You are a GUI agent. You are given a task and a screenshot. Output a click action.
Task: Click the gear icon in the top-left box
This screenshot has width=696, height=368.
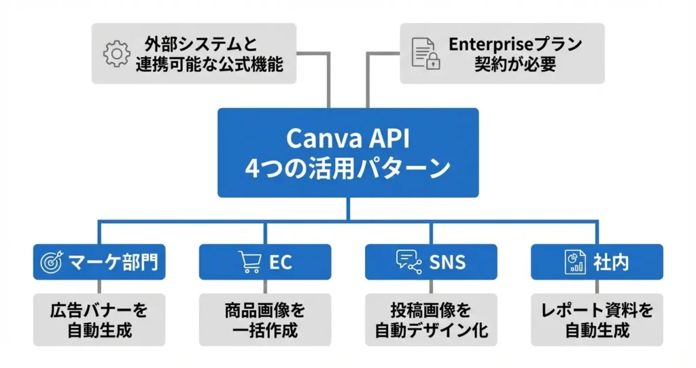click(116, 54)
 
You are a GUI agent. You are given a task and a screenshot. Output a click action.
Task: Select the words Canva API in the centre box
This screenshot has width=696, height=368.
click(347, 138)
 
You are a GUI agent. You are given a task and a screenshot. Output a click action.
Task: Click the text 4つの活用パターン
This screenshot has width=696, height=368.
click(347, 167)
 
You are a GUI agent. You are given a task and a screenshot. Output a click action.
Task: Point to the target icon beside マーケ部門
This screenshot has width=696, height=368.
click(52, 262)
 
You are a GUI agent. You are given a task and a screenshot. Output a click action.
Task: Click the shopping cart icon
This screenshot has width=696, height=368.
click(250, 262)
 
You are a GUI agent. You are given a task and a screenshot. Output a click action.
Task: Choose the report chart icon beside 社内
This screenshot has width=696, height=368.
click(575, 262)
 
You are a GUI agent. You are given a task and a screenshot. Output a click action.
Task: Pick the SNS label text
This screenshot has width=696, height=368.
click(449, 262)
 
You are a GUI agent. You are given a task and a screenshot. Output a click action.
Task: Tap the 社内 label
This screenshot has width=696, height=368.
click(610, 262)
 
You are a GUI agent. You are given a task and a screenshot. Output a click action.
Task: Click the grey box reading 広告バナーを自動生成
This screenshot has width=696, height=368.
click(99, 320)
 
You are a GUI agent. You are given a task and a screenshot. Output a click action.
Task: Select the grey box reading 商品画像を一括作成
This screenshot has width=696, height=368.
click(265, 320)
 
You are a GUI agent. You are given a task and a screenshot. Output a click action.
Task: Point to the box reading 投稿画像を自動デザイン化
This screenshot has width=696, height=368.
click(432, 320)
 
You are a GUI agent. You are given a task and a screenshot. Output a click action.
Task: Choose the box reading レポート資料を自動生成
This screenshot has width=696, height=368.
click(597, 320)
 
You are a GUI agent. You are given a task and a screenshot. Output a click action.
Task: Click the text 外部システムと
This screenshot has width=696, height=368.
click(202, 44)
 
